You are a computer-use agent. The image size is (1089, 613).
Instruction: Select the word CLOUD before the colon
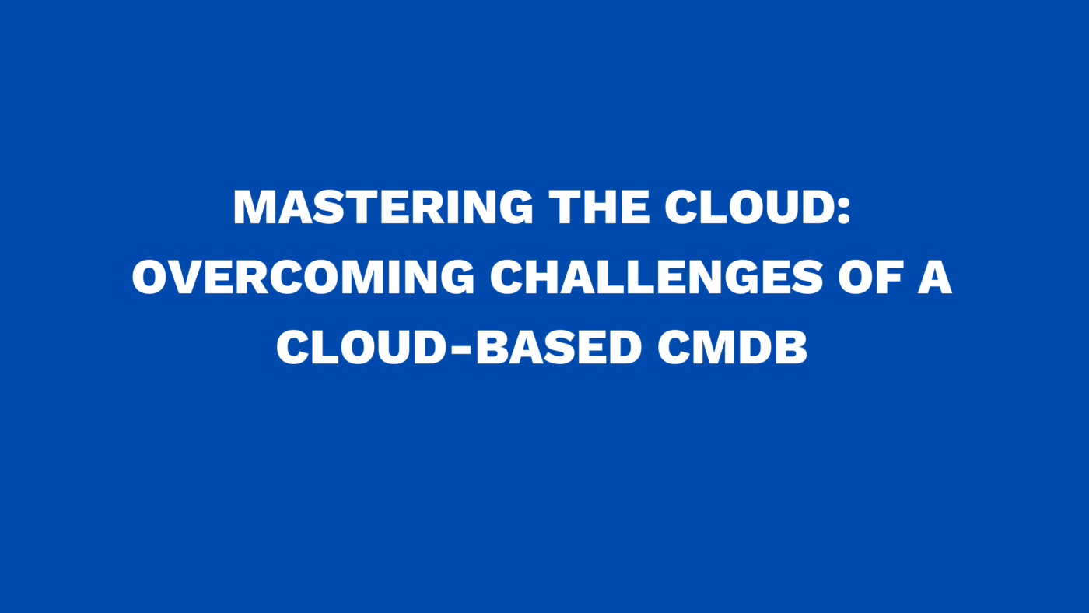pos(746,208)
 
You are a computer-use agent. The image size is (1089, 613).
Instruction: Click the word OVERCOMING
pos(303,278)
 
